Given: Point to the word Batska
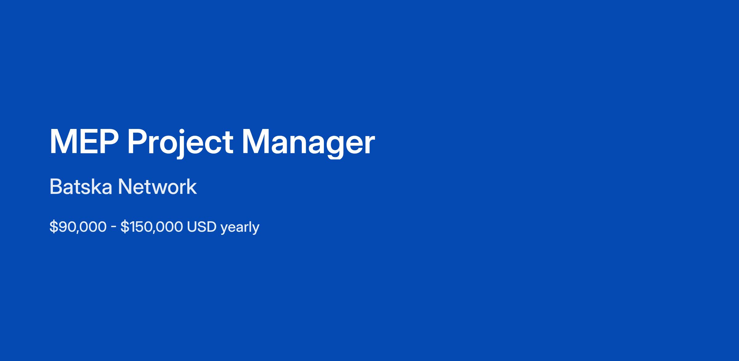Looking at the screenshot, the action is (x=81, y=187).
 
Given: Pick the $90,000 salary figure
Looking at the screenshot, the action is (x=78, y=227).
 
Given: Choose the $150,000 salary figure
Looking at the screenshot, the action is (x=151, y=227).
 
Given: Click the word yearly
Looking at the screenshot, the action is (x=240, y=228).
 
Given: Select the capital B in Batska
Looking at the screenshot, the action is (x=56, y=187).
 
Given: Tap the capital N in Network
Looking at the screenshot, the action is (x=126, y=187).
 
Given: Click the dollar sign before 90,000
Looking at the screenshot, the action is (x=54, y=227).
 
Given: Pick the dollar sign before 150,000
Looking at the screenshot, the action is (x=124, y=227).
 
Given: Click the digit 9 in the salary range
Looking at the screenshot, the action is (x=63, y=227).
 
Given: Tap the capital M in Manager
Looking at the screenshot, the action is (x=255, y=142).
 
